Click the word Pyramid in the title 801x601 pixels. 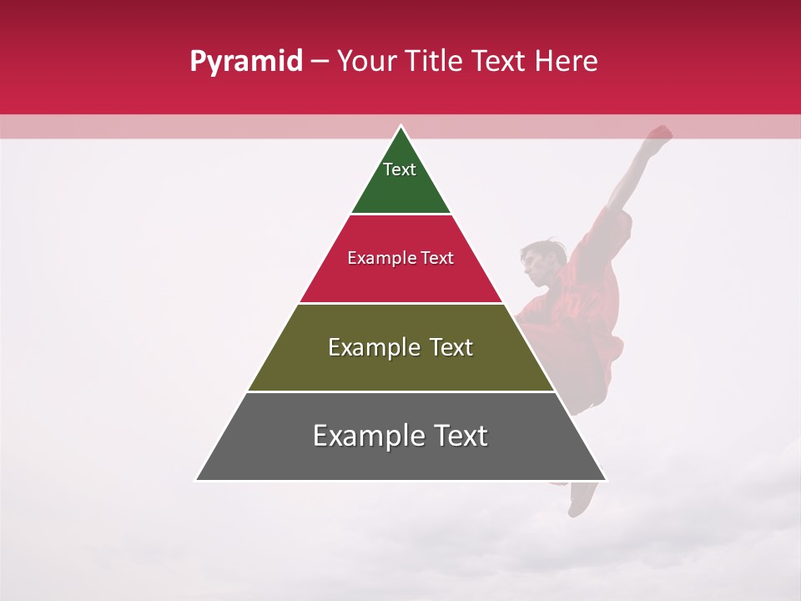tap(245, 62)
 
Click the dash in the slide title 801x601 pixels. tap(319, 62)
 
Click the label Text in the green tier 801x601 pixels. tap(400, 169)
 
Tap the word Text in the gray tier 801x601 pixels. tap(460, 436)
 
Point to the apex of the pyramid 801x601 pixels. tap(401, 127)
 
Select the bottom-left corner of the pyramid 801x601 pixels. tap(198, 479)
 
